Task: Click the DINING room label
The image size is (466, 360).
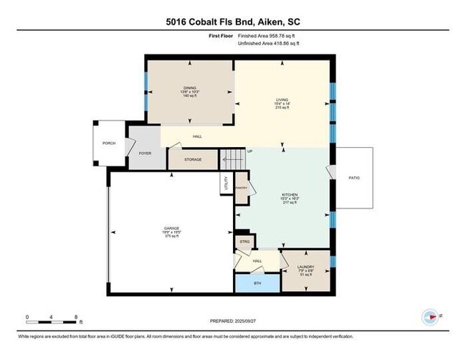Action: tap(189, 88)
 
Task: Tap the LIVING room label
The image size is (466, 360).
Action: tap(283, 100)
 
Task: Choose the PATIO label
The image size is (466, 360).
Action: tap(354, 177)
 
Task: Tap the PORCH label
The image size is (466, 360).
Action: tap(109, 143)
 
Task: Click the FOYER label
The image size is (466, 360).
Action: tap(145, 153)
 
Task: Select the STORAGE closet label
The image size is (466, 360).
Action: tap(193, 159)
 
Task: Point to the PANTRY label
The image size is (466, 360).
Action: tap(241, 187)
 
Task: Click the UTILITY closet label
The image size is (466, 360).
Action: tap(226, 183)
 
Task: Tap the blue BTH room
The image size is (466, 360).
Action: tap(258, 283)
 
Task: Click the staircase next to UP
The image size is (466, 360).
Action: tap(232, 156)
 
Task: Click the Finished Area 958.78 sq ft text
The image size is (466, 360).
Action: tap(268, 34)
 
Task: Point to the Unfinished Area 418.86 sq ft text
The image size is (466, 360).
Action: tap(270, 44)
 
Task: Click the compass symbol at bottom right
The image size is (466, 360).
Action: tap(430, 316)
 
